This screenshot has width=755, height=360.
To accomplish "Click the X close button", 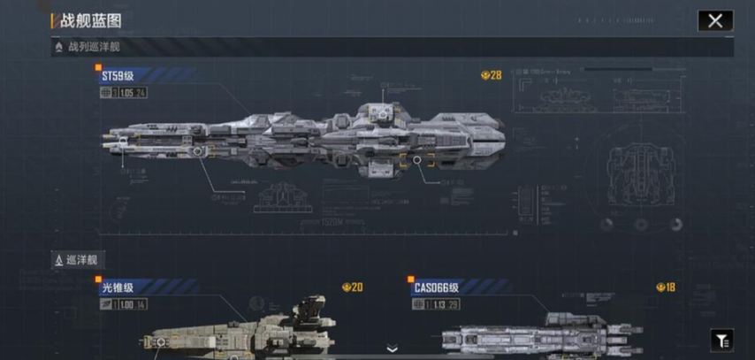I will (x=714, y=20).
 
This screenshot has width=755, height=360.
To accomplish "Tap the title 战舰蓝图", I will (x=93, y=20).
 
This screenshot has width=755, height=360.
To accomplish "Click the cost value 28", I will (x=496, y=75).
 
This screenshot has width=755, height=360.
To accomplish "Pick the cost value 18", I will (x=670, y=287).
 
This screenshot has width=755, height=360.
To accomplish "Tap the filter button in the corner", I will (x=721, y=340).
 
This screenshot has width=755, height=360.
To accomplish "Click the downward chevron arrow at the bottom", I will (x=392, y=349).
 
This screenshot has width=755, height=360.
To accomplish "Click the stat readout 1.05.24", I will (x=133, y=92).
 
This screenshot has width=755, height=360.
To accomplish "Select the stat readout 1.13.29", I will (x=446, y=303).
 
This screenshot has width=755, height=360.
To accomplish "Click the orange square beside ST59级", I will (x=99, y=67).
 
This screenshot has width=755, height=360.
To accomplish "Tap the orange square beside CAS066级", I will (x=411, y=278).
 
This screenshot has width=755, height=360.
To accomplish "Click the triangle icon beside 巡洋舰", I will (x=58, y=261).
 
